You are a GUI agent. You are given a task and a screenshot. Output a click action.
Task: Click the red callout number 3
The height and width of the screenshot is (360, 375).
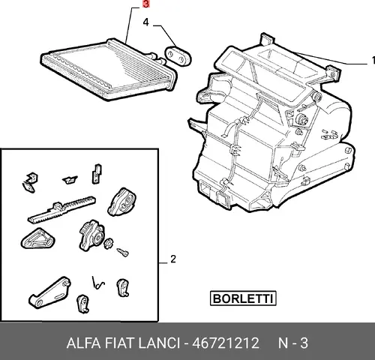click(145, 4)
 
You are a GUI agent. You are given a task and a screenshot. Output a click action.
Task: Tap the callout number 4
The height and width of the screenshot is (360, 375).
click(145, 22)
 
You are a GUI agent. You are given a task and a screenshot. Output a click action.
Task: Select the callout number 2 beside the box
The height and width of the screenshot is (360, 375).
click(173, 259)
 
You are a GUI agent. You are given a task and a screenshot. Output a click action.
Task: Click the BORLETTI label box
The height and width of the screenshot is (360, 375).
click(243, 298)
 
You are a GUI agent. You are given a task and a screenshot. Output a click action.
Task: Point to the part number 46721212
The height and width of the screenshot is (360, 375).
click(226, 343)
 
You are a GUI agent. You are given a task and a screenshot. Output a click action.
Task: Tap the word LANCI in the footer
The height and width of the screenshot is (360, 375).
click(159, 343)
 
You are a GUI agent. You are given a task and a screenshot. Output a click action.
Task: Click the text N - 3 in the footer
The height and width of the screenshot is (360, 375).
click(293, 343)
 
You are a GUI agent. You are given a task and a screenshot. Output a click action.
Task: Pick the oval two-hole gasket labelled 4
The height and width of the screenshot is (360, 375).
click(178, 56)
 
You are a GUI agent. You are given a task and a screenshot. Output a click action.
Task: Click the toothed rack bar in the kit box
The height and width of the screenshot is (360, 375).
click(61, 209)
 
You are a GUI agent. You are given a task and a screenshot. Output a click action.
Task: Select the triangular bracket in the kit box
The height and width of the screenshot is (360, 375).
click(37, 239)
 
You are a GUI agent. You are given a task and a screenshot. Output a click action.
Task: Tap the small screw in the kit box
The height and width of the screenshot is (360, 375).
click(123, 253)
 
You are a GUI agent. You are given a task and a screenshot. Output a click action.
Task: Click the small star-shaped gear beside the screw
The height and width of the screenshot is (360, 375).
click(109, 243)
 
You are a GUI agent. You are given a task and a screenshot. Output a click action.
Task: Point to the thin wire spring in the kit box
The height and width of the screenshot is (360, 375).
click(97, 284)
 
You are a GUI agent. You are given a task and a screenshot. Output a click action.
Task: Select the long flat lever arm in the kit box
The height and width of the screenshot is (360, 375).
click(50, 292)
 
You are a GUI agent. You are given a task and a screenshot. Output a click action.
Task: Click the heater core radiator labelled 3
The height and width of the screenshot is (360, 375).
click(109, 69)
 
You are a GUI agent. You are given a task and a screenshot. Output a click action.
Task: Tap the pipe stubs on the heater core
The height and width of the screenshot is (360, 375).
click(157, 58)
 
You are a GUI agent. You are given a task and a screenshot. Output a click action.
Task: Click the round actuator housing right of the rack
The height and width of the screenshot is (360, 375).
click(121, 202)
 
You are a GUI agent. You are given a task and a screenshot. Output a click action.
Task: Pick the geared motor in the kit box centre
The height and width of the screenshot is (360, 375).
click(91, 235)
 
